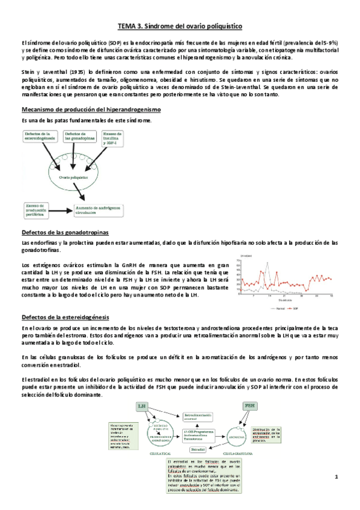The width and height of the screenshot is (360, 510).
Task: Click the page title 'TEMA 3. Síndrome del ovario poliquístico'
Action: coord(180,27)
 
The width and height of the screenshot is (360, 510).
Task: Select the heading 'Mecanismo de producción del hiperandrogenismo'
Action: coord(90,109)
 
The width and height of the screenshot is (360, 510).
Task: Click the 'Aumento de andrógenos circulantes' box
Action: coord(98,209)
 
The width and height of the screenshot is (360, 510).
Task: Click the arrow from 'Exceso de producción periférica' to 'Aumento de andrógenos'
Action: coord(63,208)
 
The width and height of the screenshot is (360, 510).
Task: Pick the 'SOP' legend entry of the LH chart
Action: coord(297,308)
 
